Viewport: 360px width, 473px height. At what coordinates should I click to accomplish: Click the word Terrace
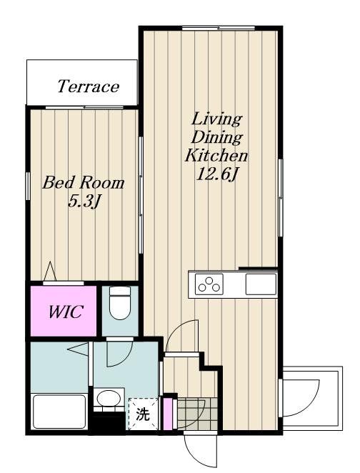(89, 86)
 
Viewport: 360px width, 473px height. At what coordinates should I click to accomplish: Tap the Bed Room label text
(84, 183)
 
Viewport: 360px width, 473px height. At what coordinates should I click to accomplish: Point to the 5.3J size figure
(84, 201)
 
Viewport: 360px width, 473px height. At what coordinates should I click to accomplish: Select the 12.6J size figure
(216, 174)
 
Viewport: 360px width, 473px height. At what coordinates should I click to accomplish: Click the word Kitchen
(216, 156)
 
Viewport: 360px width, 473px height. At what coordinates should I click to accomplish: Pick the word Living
(216, 119)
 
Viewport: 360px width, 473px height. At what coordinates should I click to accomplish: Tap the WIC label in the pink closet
(66, 312)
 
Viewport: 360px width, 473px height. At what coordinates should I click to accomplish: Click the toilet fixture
(120, 302)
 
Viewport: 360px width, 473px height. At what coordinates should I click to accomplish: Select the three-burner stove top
(209, 284)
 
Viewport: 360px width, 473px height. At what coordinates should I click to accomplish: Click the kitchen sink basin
(261, 284)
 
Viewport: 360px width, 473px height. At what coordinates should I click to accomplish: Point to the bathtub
(59, 412)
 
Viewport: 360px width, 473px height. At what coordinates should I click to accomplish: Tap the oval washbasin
(109, 398)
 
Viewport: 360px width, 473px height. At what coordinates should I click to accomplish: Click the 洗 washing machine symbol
(143, 414)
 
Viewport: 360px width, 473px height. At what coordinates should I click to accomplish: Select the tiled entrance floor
(197, 413)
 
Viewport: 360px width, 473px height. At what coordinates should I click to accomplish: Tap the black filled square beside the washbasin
(109, 423)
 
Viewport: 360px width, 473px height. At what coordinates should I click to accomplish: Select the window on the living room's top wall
(219, 29)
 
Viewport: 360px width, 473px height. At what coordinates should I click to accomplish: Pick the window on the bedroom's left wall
(28, 186)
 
